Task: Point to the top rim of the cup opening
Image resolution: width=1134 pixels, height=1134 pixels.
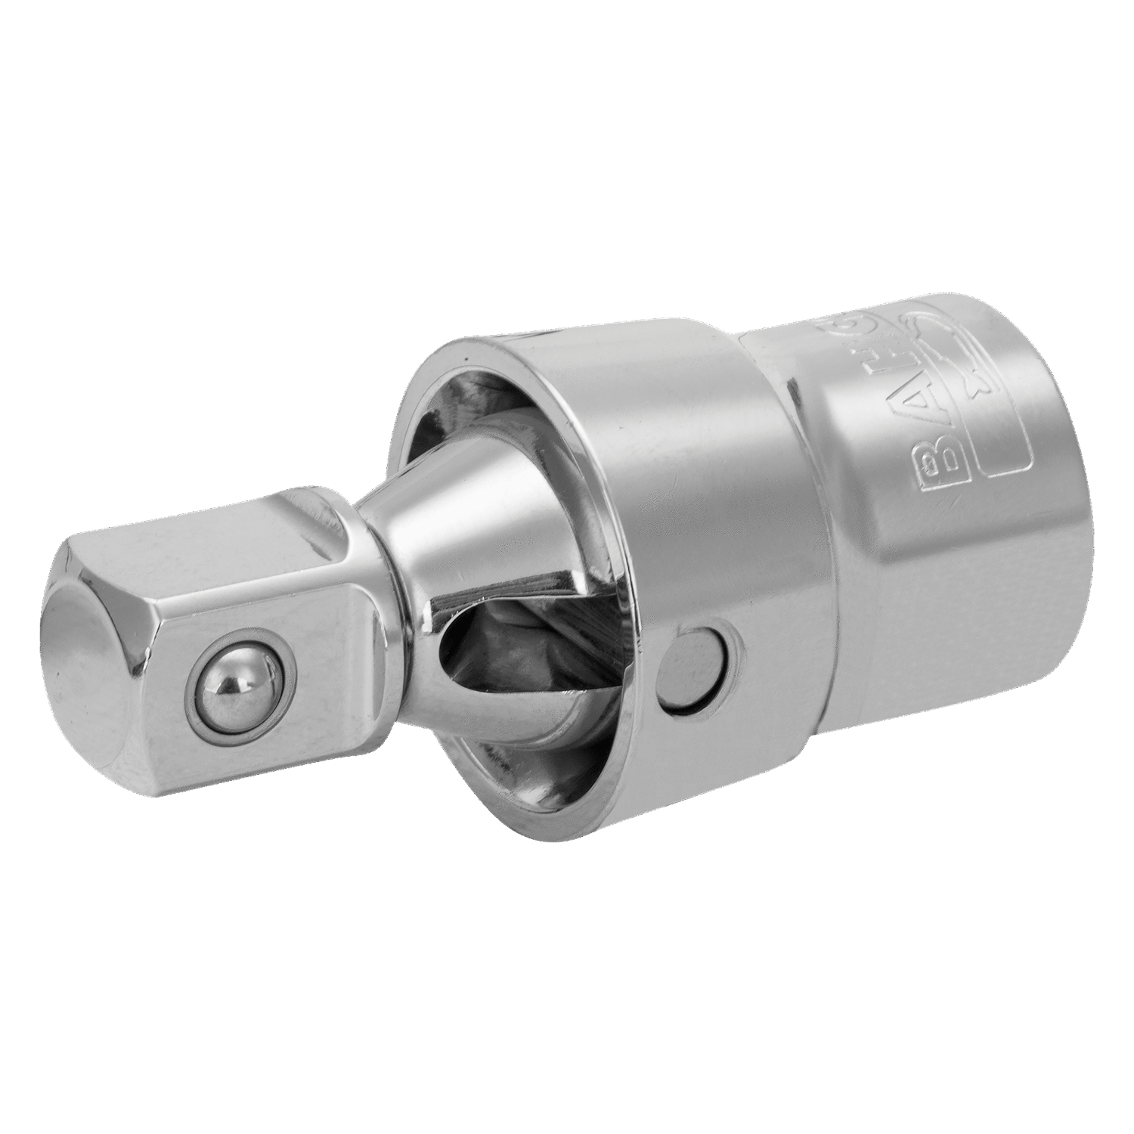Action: tap(484, 355)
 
